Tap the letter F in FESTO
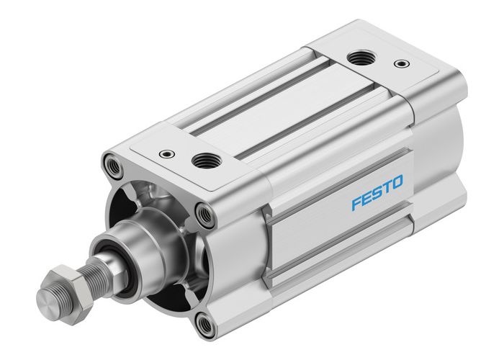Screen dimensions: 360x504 tap(356, 203)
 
